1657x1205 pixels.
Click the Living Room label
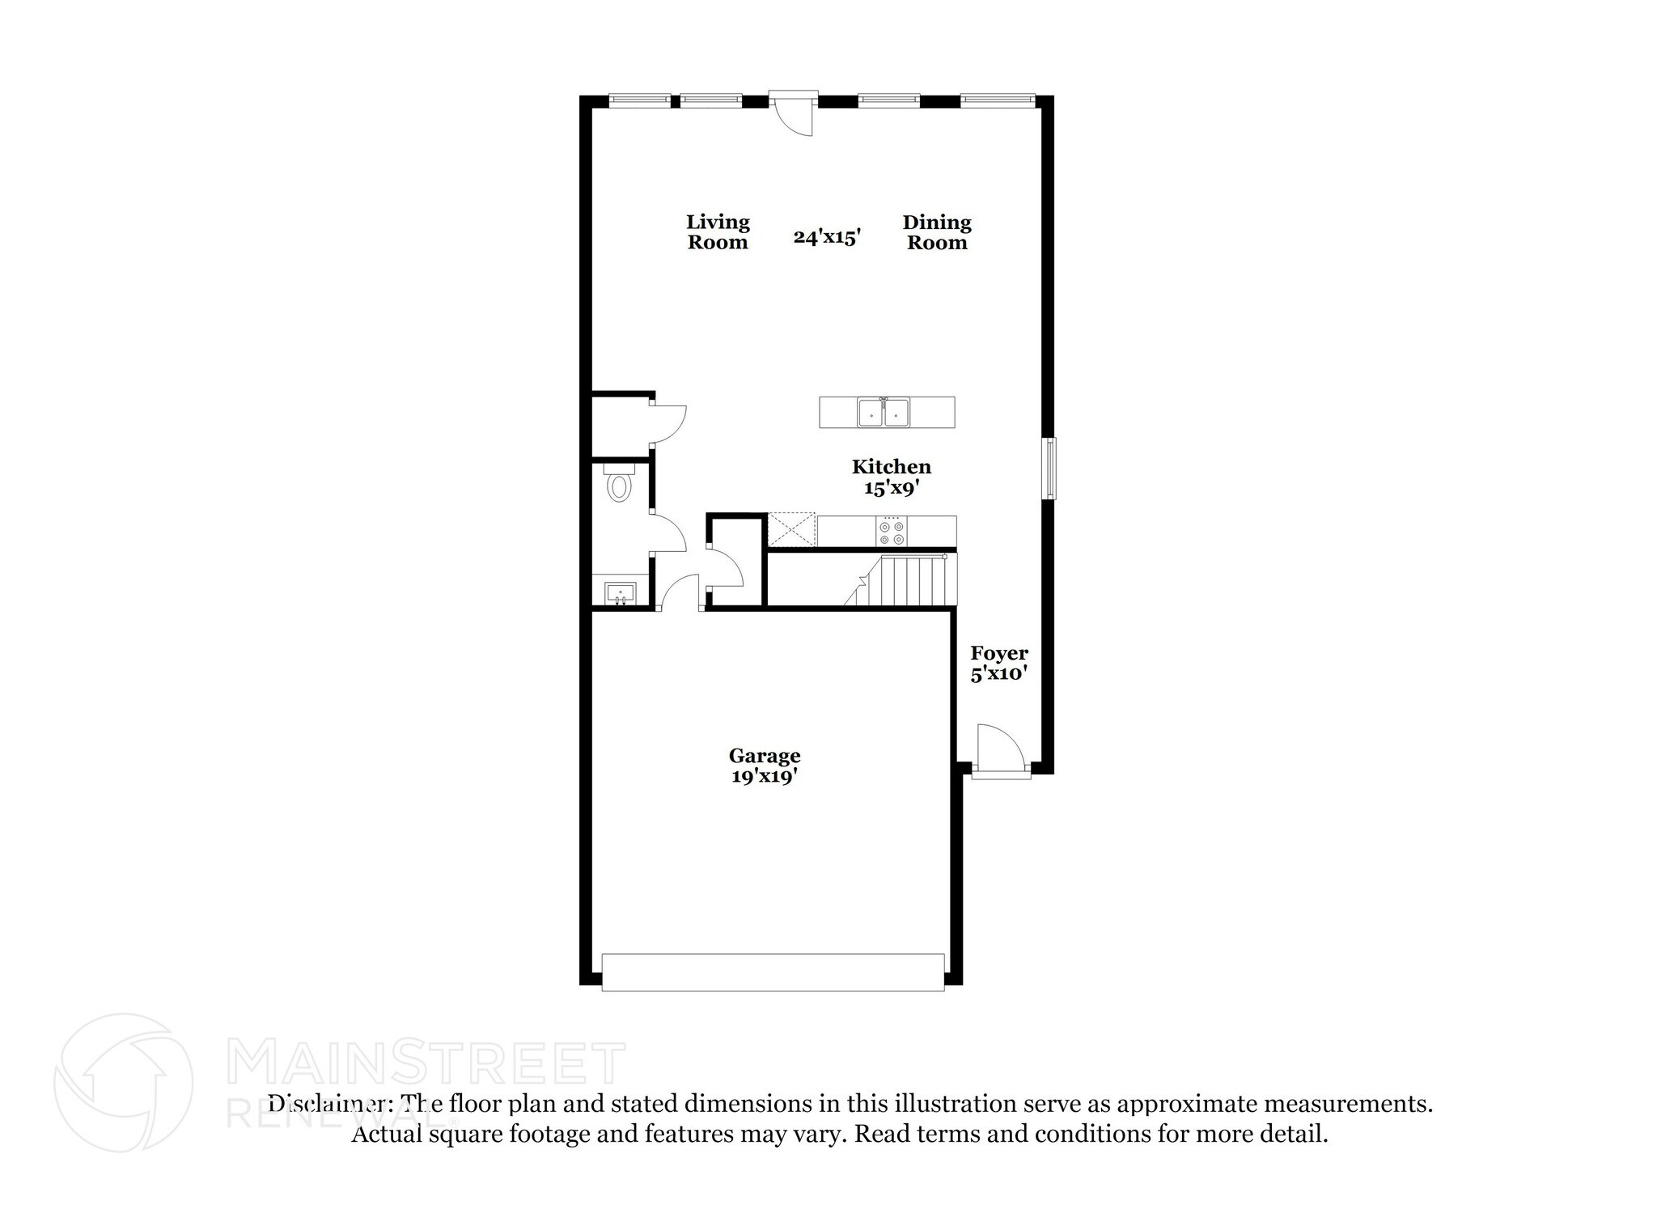pos(718,232)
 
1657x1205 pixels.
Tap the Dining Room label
pos(937,232)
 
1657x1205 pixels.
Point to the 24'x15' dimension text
pos(826,237)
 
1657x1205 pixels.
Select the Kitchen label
pos(892,467)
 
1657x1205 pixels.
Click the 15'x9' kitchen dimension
pos(892,488)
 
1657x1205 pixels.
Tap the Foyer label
pos(999,653)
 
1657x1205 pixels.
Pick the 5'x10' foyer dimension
pos(999,673)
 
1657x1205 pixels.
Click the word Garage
pos(765,756)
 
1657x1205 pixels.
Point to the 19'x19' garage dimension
pos(765,777)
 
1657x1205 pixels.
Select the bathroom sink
pos(621,593)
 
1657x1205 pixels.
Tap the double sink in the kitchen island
pos(884,413)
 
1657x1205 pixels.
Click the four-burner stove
pos(891,532)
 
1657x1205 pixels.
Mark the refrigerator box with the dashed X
pos(791,530)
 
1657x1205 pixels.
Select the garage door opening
pos(773,972)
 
